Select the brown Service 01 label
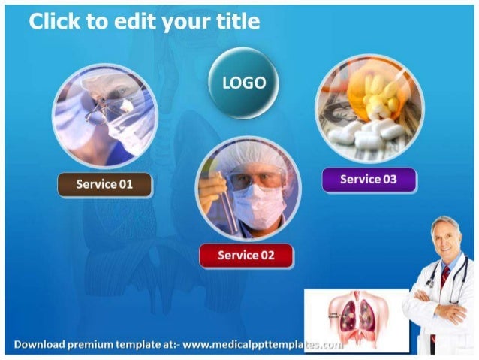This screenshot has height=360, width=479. (x=104, y=184)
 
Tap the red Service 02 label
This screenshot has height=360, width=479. (x=246, y=256)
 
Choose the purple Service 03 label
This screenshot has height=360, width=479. (x=368, y=180)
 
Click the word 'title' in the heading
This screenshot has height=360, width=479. (x=235, y=22)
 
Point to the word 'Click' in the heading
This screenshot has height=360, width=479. (x=56, y=22)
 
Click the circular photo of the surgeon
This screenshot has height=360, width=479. (x=105, y=115)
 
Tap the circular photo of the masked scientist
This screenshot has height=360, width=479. (x=248, y=189)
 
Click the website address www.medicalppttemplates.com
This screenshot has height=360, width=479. (x=263, y=345)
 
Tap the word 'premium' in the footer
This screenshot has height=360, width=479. (x=90, y=345)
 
